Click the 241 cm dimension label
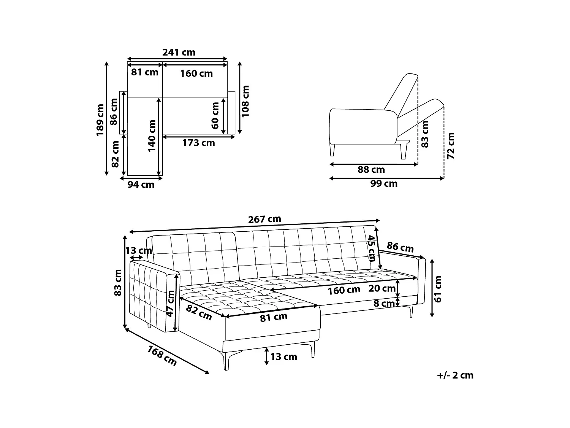pyautogui.click(x=179, y=53)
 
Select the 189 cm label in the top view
pyautogui.click(x=100, y=119)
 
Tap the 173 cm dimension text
pyautogui.click(x=198, y=143)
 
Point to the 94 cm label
pyautogui.click(x=141, y=185)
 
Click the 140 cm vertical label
pyautogui.click(x=152, y=136)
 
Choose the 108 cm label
pyautogui.click(x=245, y=101)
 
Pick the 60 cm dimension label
pyautogui.click(x=215, y=115)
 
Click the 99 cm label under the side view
pyautogui.click(x=384, y=184)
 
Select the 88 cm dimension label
pyautogui.click(x=371, y=170)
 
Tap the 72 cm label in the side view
pyautogui.click(x=451, y=146)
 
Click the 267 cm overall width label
pyautogui.click(x=264, y=220)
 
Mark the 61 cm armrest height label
pyautogui.click(x=438, y=289)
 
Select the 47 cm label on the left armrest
pyautogui.click(x=171, y=303)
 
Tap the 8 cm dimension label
pyautogui.click(x=384, y=304)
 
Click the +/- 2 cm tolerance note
pyautogui.click(x=455, y=375)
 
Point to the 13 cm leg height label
pyautogui.click(x=283, y=357)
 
